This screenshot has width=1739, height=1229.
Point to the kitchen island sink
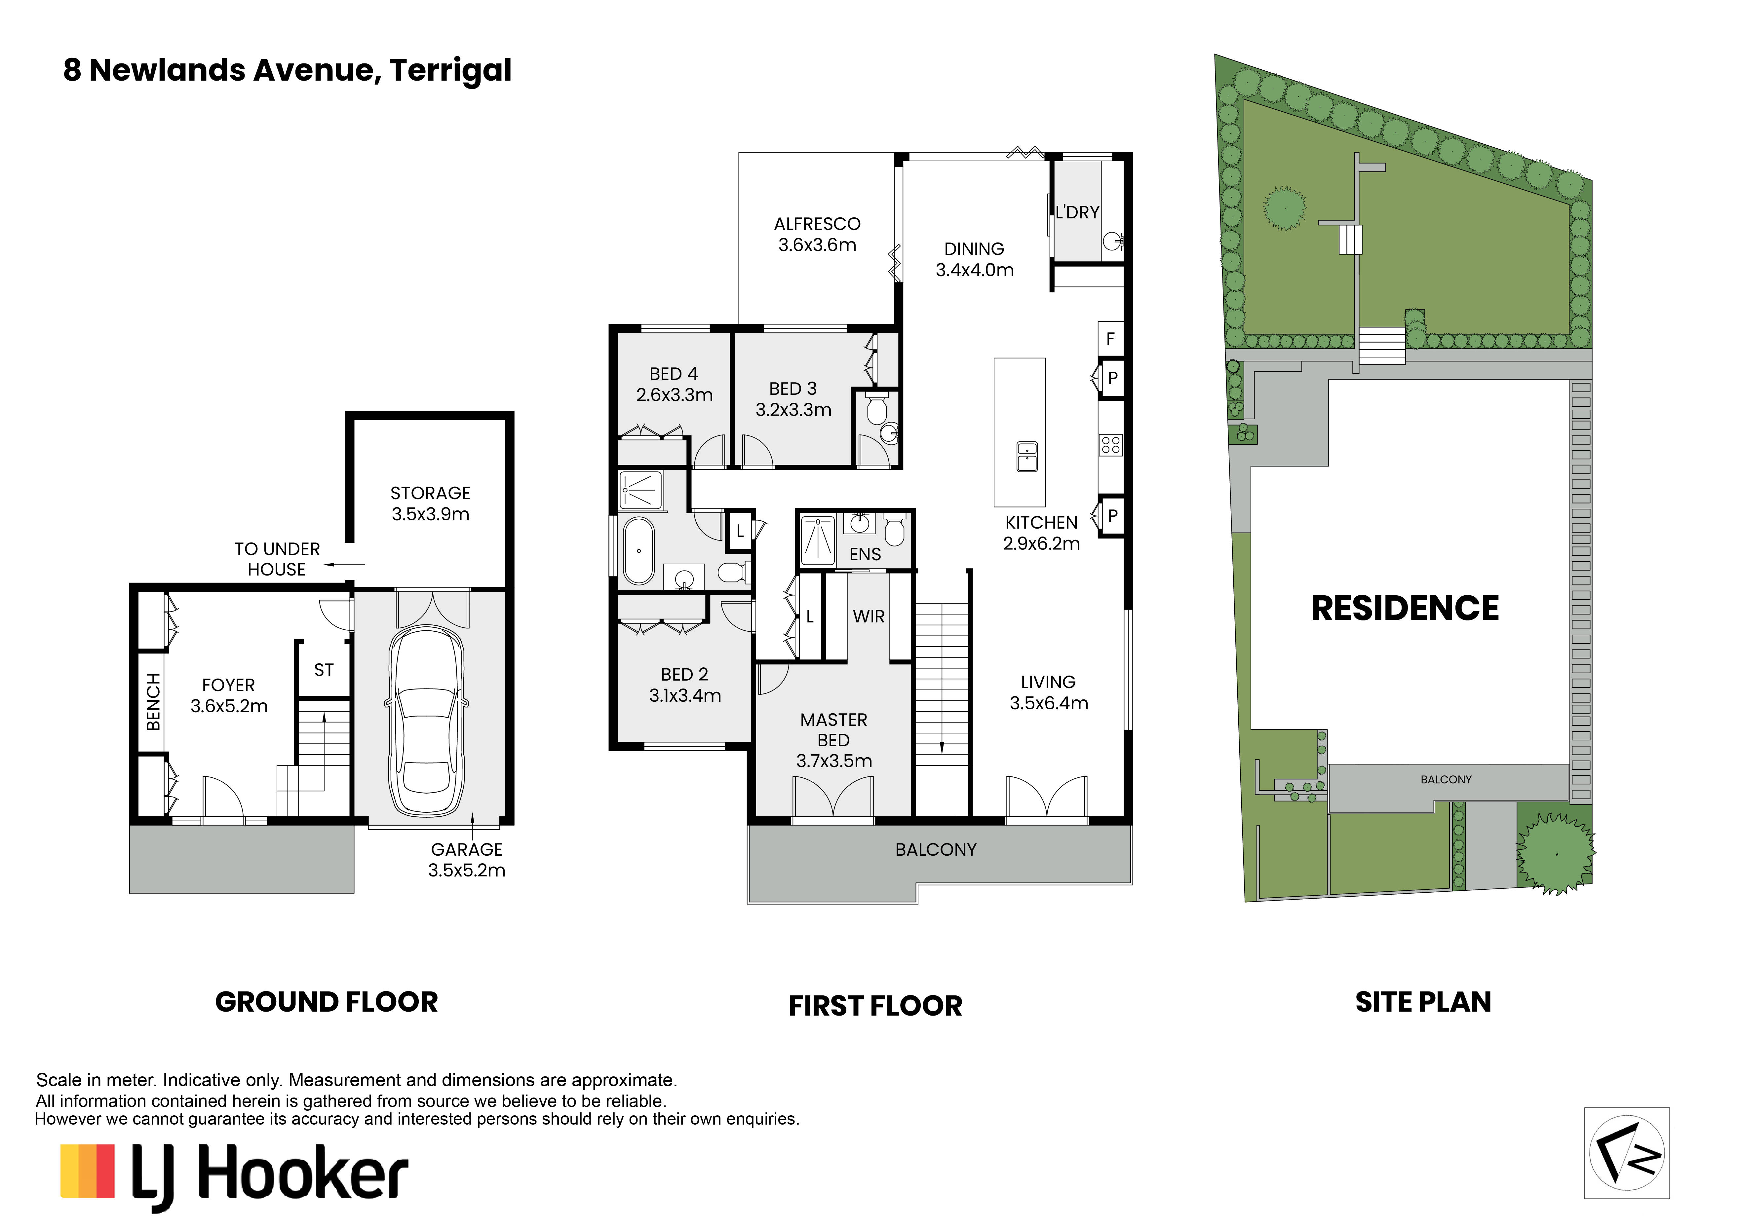1027,457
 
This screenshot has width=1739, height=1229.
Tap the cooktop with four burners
1110,444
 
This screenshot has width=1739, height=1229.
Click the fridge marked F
1110,339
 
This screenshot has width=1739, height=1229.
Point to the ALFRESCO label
817,224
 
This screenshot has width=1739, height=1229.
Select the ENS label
865,554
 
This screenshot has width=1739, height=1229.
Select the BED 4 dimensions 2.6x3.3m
674,394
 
